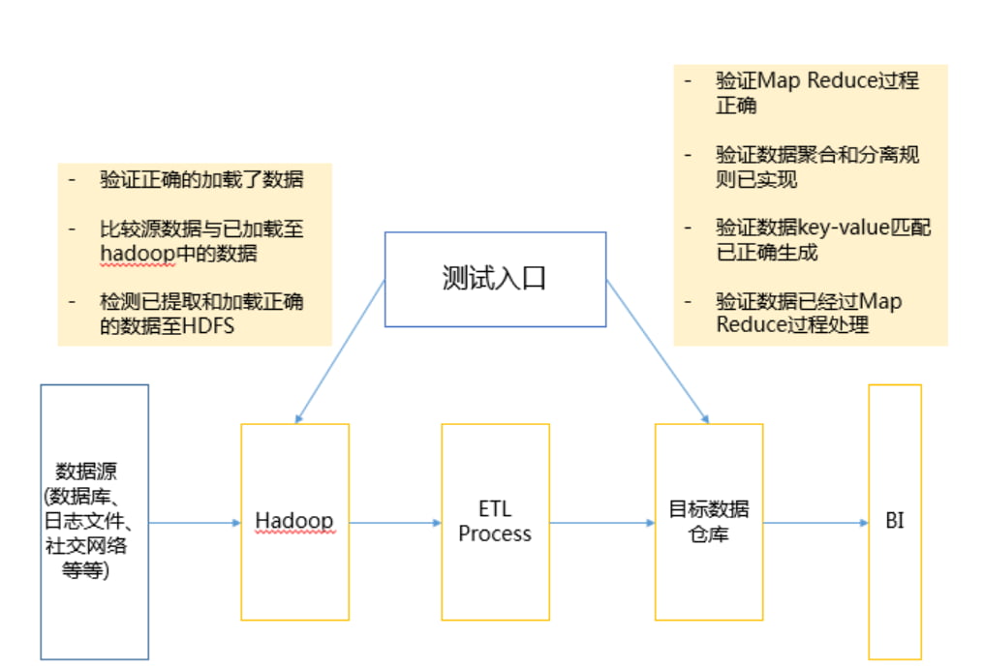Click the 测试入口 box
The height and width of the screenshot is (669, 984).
495,279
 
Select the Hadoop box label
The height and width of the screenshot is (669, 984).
294,521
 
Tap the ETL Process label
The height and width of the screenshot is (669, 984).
495,521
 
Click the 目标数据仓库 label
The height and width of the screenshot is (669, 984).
709,521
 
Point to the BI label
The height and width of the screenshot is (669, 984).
895,521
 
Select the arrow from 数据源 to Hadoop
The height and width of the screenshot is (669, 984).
194,523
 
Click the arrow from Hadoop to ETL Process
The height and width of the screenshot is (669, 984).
394,523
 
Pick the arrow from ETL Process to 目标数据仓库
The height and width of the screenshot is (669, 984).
601,523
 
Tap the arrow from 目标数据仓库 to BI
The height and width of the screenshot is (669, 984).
815,523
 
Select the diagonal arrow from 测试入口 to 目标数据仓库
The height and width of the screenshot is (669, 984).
657,350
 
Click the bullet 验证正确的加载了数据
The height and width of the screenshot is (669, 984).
201,180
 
